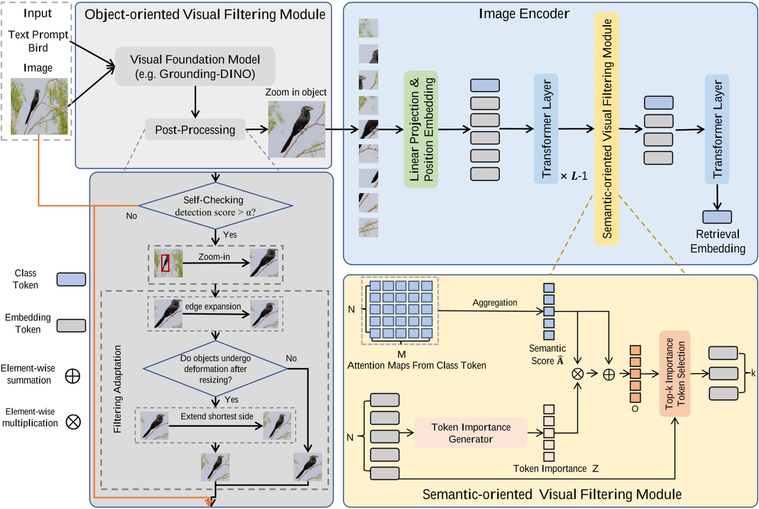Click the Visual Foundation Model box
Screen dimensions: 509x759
tap(195, 66)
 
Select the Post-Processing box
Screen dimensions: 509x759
tap(195, 130)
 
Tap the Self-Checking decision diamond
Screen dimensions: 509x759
tap(215, 206)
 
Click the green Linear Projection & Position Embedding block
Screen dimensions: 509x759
tap(421, 129)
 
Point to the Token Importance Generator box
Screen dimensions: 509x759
tap(470, 433)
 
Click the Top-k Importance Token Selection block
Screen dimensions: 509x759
tap(674, 373)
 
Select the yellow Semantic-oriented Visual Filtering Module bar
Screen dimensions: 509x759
tap(606, 128)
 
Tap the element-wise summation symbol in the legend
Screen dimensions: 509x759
tap(73, 376)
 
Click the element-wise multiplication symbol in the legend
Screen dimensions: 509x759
tap(73, 422)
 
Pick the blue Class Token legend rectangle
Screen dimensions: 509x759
tap(71, 279)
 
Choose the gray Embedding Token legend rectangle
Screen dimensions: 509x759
tap(71, 325)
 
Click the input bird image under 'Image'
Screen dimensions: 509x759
tap(39, 106)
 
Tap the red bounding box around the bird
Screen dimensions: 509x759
tap(165, 263)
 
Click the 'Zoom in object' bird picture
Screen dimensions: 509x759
tap(297, 130)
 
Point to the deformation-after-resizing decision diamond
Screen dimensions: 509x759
tap(215, 369)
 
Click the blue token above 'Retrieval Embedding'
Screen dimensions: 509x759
tap(717, 217)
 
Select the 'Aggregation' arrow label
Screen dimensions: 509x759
tap(495, 302)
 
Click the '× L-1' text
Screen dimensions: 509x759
tap(574, 176)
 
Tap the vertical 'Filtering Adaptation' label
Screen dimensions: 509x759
tap(118, 389)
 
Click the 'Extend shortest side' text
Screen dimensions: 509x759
tap(217, 416)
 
